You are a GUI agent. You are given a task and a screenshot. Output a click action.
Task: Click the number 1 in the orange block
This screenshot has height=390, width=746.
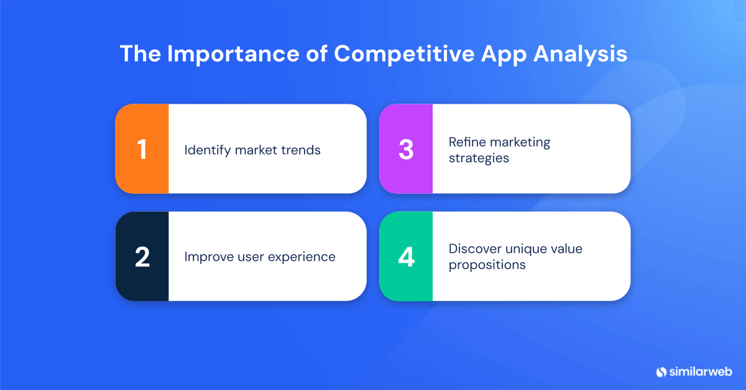[x=142, y=150]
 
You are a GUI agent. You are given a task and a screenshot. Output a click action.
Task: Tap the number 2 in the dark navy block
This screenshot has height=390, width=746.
[x=142, y=257]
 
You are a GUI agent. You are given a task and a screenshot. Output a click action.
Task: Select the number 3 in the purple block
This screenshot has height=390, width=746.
[x=406, y=150]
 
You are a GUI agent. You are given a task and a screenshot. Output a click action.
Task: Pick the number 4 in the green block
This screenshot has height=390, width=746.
[x=406, y=257]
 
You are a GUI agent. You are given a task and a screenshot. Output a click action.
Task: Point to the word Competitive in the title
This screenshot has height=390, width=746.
[x=403, y=54]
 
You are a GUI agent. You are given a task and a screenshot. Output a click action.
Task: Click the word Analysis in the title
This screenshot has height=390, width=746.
[x=580, y=54]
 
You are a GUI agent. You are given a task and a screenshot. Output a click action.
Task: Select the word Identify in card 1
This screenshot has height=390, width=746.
[x=208, y=150]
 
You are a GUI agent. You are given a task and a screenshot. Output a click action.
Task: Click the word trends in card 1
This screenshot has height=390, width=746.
[x=302, y=150]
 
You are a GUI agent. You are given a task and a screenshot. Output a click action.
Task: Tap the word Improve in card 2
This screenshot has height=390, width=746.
[x=207, y=257]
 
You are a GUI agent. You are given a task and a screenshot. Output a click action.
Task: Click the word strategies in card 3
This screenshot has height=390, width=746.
[x=479, y=158]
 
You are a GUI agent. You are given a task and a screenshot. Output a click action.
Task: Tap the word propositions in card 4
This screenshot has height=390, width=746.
[x=487, y=265]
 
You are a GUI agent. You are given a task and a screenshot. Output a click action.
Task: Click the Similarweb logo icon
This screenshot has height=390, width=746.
[x=661, y=372]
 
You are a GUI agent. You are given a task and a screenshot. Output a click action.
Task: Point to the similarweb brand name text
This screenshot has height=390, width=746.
[x=701, y=372]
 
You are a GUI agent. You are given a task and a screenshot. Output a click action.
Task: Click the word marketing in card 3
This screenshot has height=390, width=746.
[x=520, y=142]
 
